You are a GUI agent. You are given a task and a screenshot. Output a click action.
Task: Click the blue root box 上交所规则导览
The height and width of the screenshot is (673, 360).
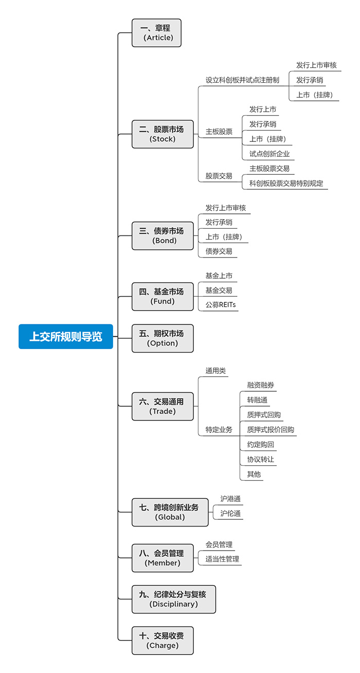[66, 336]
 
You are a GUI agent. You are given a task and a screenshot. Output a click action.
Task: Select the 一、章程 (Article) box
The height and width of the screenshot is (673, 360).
[156, 33]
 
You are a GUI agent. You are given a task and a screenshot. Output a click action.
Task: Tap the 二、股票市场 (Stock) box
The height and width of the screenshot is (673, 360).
[163, 134]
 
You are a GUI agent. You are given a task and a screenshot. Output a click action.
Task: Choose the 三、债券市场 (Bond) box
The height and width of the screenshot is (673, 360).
[163, 236]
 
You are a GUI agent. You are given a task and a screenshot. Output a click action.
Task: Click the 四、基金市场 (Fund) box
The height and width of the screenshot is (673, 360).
[163, 297]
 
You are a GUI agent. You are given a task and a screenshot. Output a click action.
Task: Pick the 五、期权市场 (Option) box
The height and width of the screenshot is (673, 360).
[163, 338]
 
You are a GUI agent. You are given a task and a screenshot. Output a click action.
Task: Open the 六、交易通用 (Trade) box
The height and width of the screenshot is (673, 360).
[163, 407]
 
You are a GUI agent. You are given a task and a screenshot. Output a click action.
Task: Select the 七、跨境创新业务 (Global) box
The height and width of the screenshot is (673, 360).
[170, 512]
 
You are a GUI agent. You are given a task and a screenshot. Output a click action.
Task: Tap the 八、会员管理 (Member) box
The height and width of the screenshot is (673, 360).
[163, 558]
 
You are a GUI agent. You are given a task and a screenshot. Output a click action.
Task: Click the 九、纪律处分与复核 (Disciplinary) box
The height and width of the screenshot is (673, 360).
[174, 599]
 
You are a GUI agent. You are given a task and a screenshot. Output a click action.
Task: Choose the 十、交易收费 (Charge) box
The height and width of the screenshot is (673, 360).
[163, 641]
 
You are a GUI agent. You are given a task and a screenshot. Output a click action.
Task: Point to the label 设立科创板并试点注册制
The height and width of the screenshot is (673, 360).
[242, 80]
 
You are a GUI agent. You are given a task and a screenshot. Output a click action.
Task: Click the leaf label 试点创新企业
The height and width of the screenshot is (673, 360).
[269, 154]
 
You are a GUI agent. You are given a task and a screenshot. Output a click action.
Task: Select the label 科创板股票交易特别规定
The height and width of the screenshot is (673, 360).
[286, 183]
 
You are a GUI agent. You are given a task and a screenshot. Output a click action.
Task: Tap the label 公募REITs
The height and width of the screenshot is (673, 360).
[221, 305]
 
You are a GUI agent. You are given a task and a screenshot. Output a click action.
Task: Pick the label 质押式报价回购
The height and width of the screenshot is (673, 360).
[271, 430]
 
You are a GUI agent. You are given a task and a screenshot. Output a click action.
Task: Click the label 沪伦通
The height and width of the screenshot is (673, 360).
[230, 513]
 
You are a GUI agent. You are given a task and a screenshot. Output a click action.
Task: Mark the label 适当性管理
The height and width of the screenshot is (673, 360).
[222, 559]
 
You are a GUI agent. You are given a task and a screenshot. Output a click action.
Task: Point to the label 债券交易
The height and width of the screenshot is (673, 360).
[219, 251]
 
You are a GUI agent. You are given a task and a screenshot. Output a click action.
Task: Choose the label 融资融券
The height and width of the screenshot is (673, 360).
[261, 385]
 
